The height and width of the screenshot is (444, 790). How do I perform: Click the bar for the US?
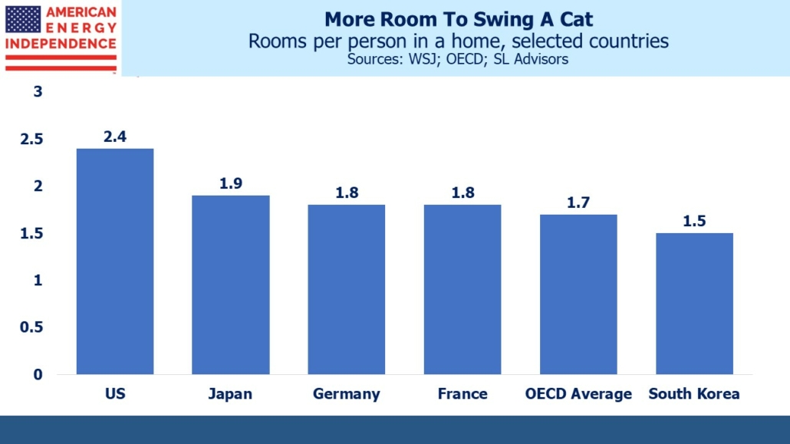pyautogui.click(x=115, y=261)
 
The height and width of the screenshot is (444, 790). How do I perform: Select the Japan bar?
pyautogui.click(x=230, y=284)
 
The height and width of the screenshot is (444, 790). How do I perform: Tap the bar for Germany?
pyautogui.click(x=347, y=289)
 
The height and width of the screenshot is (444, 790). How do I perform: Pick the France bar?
pyautogui.click(x=462, y=289)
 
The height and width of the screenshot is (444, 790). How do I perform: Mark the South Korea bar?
pyautogui.click(x=694, y=303)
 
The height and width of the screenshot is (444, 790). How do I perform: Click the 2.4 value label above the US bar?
pyautogui.click(x=115, y=137)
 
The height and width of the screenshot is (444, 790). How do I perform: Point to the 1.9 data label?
pyautogui.click(x=230, y=184)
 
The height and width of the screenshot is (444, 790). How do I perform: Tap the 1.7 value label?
pyautogui.click(x=578, y=203)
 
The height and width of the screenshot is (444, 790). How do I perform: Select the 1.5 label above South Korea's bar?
pyautogui.click(x=694, y=222)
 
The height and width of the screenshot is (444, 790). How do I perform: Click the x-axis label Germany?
pyautogui.click(x=347, y=394)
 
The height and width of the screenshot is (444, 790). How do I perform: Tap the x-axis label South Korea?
pyautogui.click(x=694, y=394)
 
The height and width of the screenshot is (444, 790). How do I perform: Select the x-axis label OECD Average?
pyautogui.click(x=578, y=394)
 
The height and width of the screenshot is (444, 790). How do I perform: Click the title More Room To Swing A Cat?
pyautogui.click(x=458, y=19)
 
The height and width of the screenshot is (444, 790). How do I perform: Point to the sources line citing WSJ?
pyautogui.click(x=458, y=59)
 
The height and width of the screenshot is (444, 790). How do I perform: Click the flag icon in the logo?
pyautogui.click(x=23, y=18)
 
